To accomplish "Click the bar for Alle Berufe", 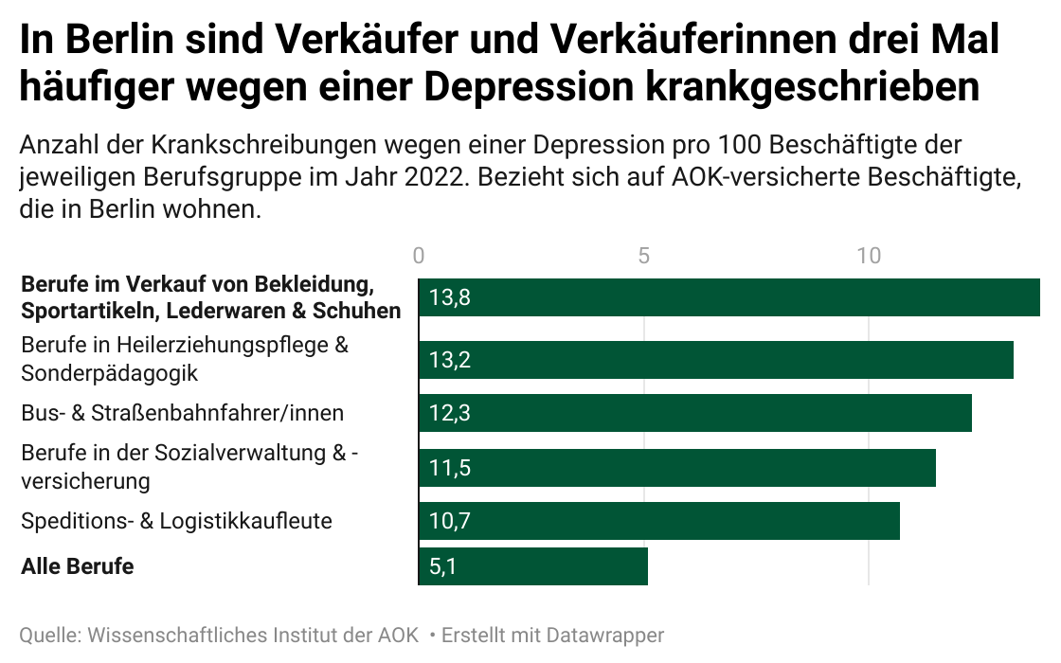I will [533, 566].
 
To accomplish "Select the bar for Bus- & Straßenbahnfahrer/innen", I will [695, 413].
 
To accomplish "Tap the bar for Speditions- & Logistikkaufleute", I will [659, 521].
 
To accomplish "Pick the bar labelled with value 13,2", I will [716, 360].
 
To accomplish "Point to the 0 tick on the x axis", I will [419, 256].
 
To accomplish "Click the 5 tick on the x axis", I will [644, 256].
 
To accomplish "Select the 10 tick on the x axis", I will [869, 256].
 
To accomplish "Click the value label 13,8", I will [450, 297].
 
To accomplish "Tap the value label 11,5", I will [449, 468].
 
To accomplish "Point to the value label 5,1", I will [443, 567].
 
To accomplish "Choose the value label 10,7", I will [449, 522].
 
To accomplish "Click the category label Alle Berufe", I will [78, 566].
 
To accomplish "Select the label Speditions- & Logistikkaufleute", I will [176, 521].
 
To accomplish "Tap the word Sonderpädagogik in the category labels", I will [109, 373].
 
